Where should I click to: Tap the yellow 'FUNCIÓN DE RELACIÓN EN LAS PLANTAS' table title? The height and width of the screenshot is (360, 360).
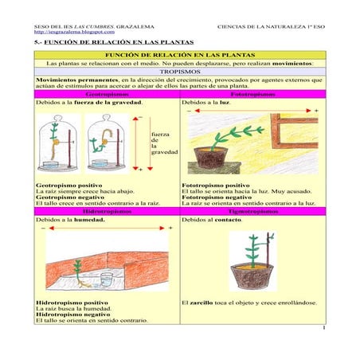pos(180,54)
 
